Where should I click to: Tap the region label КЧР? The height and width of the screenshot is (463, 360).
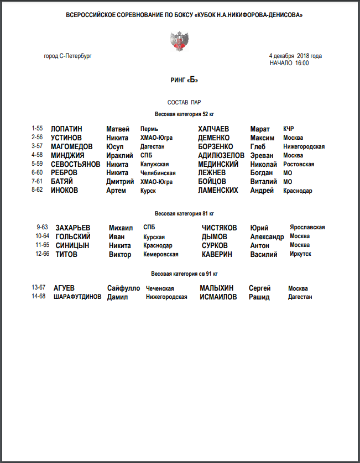point(289,129)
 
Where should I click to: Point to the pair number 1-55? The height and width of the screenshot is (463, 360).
point(37,129)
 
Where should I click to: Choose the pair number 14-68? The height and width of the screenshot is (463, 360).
point(39,297)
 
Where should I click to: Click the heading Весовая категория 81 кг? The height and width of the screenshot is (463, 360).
point(184,213)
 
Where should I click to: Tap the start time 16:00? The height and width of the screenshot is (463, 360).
point(302,63)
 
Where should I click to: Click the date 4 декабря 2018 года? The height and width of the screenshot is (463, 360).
point(295,56)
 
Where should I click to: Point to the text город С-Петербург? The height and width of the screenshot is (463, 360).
point(67,56)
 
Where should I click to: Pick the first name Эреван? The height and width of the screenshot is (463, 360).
point(262,156)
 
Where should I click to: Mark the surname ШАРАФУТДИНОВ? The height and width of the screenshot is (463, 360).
point(77,297)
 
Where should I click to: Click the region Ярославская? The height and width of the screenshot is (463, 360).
point(307,227)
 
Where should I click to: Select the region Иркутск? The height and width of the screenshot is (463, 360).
point(300,254)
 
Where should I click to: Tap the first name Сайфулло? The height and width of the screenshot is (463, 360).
point(123,288)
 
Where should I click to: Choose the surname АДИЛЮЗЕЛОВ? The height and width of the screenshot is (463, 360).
point(221,156)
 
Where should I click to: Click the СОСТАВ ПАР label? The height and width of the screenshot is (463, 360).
point(184,103)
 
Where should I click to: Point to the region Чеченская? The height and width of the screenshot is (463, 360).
point(160,288)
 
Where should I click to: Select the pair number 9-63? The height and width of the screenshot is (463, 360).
point(42,227)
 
